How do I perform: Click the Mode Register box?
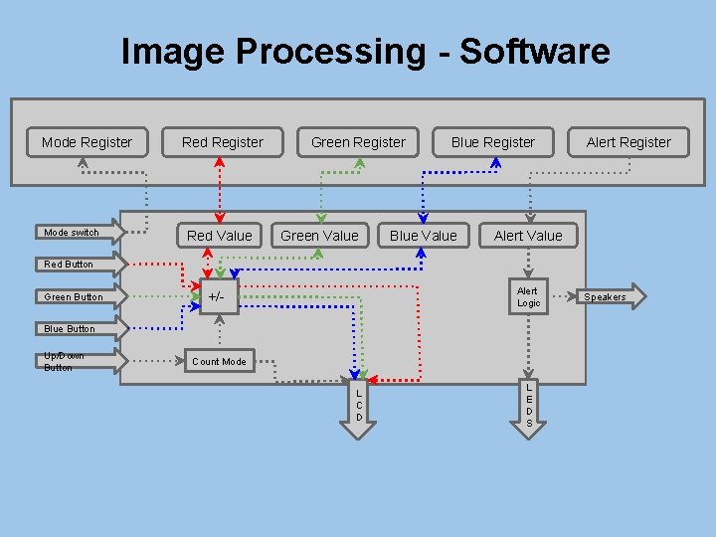(87, 142)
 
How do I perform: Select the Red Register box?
(223, 142)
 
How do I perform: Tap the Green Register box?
(358, 142)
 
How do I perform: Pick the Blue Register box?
(493, 142)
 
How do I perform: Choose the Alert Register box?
(628, 142)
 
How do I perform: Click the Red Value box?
(220, 236)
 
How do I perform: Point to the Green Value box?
(319, 236)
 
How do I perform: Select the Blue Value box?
(424, 236)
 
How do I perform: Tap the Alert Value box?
(528, 236)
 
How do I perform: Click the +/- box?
(217, 296)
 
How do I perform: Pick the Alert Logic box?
(528, 296)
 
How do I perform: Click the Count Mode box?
(219, 361)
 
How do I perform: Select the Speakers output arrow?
(609, 296)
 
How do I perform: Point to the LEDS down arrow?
(529, 404)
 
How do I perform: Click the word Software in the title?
(534, 51)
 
